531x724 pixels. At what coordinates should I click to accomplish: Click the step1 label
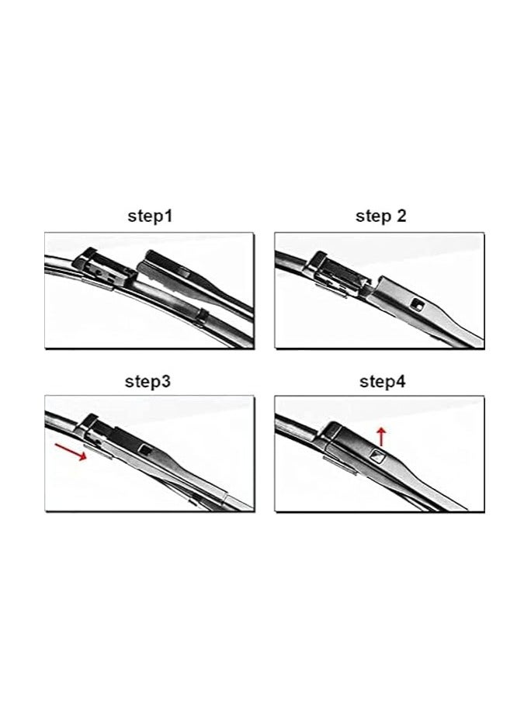click(x=150, y=217)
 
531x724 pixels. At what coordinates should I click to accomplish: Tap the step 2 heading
click(x=380, y=217)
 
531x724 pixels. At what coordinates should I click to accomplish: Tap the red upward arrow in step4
click(x=380, y=433)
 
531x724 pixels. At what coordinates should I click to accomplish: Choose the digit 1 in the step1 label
click(x=168, y=217)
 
